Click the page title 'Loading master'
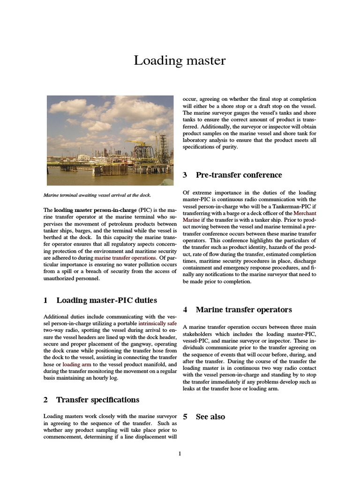(x=180, y=60)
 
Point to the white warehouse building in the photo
(x=83, y=157)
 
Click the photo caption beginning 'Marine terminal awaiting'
(x=97, y=195)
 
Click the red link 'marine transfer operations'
(x=125, y=257)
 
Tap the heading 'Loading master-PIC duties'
(x=106, y=300)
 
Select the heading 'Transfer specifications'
(x=97, y=400)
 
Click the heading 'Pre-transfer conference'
(x=239, y=175)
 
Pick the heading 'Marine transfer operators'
(x=244, y=309)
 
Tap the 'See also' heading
(x=210, y=417)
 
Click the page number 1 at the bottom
(x=180, y=453)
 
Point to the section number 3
(x=185, y=175)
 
